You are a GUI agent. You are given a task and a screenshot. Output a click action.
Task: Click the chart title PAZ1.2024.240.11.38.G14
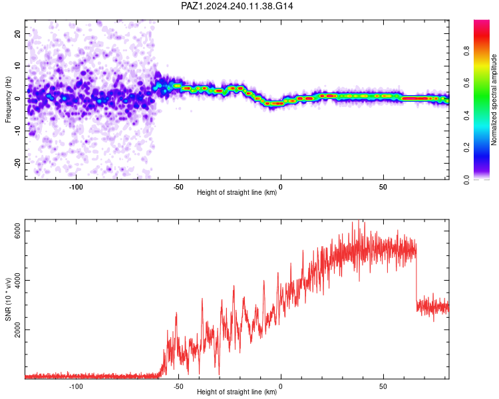coord(237,6)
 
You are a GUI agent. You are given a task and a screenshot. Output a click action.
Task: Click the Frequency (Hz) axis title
coord(8,100)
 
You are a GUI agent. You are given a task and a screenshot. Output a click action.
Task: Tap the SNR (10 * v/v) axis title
coord(8,299)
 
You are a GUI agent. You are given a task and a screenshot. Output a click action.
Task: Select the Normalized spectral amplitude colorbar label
coord(494,100)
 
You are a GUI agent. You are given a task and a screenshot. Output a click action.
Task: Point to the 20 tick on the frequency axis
coord(17,33)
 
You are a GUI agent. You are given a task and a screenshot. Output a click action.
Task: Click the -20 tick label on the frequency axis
coord(17,163)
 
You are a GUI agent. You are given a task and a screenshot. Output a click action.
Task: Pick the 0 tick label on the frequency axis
coord(17,98)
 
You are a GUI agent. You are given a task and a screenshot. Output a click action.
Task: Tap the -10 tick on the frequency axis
coord(17,131)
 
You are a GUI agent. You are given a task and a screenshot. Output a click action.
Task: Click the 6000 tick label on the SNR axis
coord(17,231)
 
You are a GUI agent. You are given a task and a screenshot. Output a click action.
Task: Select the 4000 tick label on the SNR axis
coord(17,281)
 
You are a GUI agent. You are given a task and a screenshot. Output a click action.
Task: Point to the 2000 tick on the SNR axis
coord(17,330)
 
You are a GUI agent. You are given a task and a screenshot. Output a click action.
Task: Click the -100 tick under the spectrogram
coord(76,187)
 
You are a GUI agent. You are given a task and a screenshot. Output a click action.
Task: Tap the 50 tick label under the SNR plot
coord(383,386)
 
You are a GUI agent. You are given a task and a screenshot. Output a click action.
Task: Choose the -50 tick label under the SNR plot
coord(178,386)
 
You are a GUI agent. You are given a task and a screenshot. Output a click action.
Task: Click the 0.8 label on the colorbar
coord(466,51)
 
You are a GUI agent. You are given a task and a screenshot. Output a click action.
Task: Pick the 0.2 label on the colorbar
coord(466,148)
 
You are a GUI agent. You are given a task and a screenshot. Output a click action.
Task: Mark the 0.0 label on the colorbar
coord(466,180)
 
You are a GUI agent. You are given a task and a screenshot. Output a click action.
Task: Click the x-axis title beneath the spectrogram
coord(237,192)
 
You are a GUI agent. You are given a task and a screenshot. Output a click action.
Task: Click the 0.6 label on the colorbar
coord(466,83)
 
